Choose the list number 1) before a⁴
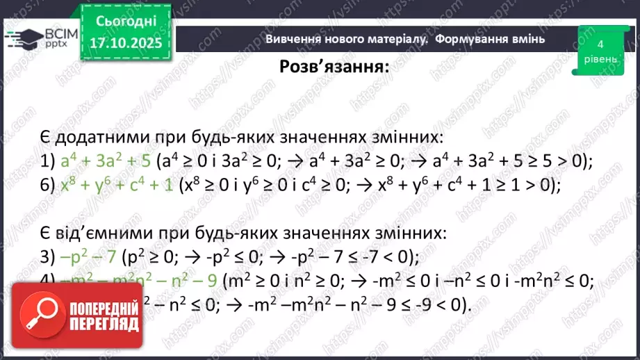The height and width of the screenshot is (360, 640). (x=47, y=161)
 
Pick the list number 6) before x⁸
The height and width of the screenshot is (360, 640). (x=47, y=186)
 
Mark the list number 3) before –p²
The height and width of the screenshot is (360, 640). (x=47, y=257)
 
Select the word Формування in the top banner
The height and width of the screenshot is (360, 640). (x=489, y=39)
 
